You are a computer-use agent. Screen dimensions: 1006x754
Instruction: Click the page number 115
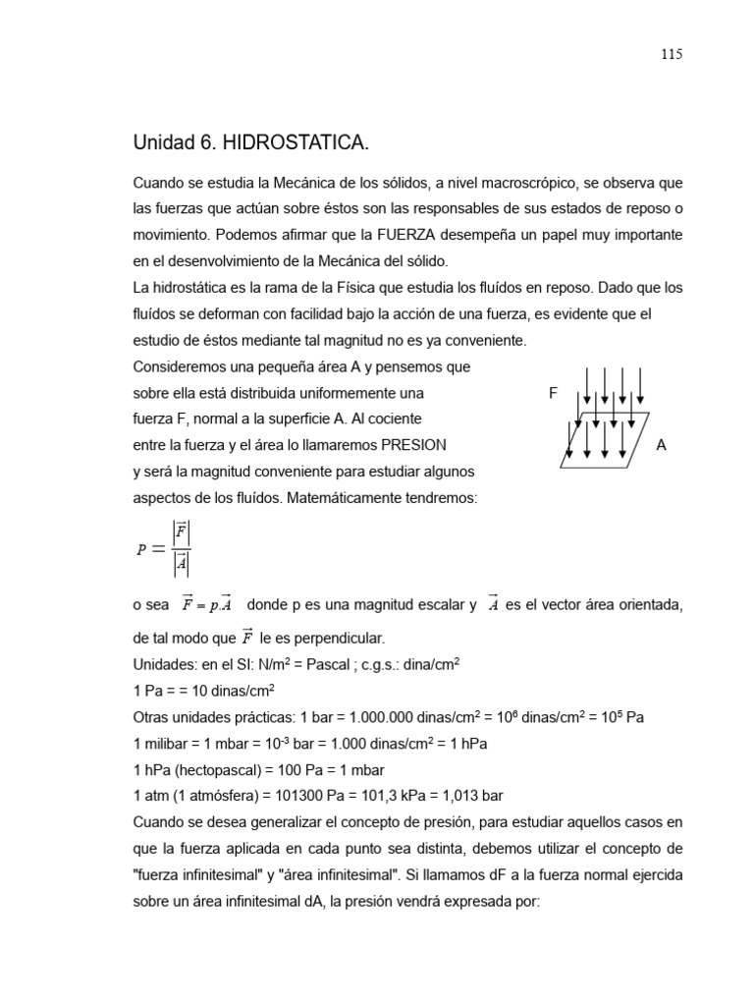pos(671,54)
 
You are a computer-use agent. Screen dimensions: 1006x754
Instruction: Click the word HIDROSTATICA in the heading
pos(297,143)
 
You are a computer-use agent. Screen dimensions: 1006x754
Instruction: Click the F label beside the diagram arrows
pos(553,393)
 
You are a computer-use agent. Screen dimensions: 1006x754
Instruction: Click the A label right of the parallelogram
pos(661,445)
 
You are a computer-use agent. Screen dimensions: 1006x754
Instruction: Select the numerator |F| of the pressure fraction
pos(181,532)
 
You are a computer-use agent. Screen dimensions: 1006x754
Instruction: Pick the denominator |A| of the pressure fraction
pos(181,564)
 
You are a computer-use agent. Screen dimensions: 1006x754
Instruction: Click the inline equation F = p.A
pos(207,604)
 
